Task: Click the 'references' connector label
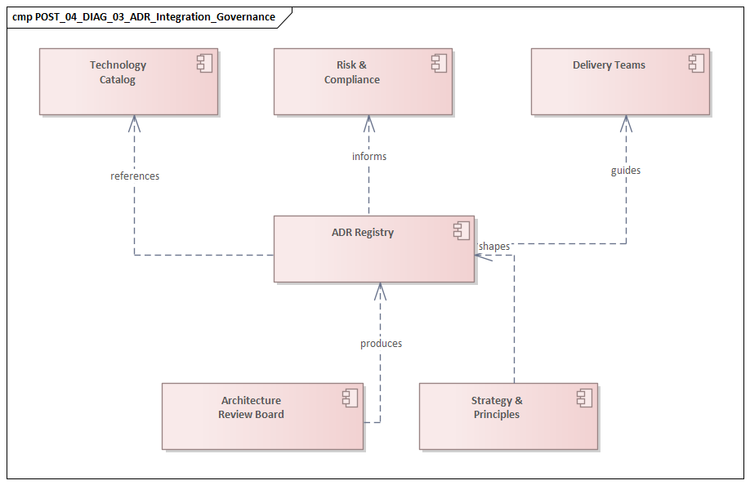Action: [x=135, y=176]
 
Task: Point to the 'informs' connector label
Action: [x=369, y=157]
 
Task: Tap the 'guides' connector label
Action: [x=626, y=171]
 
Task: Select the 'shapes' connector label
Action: [x=494, y=247]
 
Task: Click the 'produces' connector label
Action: [x=381, y=344]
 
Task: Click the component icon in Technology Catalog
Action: [x=205, y=64]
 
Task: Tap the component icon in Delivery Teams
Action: [x=696, y=63]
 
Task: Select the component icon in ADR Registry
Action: [x=462, y=231]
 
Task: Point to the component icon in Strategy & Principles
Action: [x=584, y=398]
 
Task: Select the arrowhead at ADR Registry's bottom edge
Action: [x=379, y=289]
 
